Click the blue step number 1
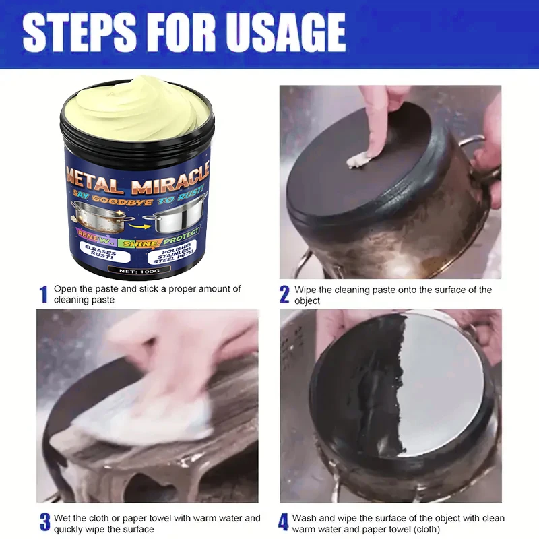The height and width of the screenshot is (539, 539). coord(44,294)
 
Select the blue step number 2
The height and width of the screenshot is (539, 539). coord(284,294)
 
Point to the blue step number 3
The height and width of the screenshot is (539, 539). coord(44,522)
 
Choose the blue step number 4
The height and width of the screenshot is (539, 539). coord(284,522)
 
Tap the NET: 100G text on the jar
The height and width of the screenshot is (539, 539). coord(138,269)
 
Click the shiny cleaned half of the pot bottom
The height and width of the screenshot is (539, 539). coord(438,384)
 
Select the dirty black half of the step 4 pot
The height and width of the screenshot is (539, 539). coord(357,404)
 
